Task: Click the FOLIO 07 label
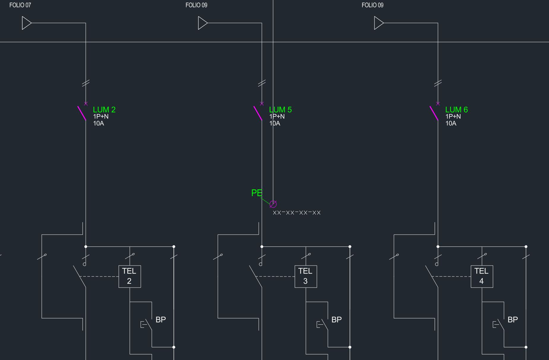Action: tap(20, 5)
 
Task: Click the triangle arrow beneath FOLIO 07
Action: tap(26, 23)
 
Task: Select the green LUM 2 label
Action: tap(104, 110)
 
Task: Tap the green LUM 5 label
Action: tap(280, 110)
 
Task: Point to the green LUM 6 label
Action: tap(456, 110)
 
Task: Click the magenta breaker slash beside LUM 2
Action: tap(82, 113)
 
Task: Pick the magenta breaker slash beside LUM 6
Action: tap(434, 113)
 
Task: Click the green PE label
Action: tap(257, 193)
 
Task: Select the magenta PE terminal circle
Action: tap(273, 204)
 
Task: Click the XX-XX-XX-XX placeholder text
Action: tap(296, 213)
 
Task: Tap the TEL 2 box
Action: tap(130, 276)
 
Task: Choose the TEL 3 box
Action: tap(306, 276)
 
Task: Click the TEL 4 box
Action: tap(482, 276)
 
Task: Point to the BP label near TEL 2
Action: tap(161, 320)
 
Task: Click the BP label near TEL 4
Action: tap(513, 320)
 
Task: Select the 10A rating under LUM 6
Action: tap(451, 123)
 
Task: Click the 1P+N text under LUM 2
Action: tap(101, 116)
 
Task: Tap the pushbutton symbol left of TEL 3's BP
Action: tap(322, 324)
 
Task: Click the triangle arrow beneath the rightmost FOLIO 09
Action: tap(378, 23)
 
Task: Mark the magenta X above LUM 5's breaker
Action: tap(262, 104)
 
